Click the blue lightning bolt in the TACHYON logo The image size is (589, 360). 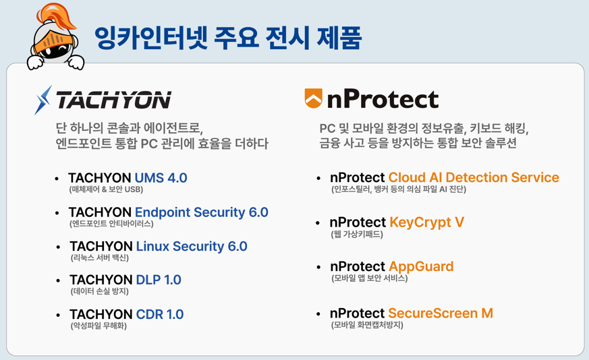tap(43, 100)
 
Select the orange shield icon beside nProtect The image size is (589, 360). tap(313, 98)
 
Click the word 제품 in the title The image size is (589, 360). tap(339, 38)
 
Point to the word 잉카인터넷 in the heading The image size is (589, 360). tap(151, 38)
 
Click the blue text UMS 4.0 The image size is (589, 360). tap(161, 177)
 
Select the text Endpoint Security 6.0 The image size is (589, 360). tap(201, 212)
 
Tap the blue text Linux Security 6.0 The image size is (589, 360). tap(192, 246)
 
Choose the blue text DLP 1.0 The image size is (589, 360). tap(159, 280)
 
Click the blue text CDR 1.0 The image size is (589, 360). tap(160, 314)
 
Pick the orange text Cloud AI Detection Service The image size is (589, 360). tap(474, 177)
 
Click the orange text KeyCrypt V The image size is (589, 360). tap(426, 222)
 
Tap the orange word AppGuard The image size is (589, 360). tap(421, 266)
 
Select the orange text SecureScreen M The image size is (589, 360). tap(441, 313)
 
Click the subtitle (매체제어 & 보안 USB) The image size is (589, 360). tap(107, 189)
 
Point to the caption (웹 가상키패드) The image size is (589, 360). tap(357, 235)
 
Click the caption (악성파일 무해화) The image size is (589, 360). tap(99, 326)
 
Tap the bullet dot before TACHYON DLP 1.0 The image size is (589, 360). tap(58, 280)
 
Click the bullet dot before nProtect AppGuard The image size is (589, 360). tap(318, 267)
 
